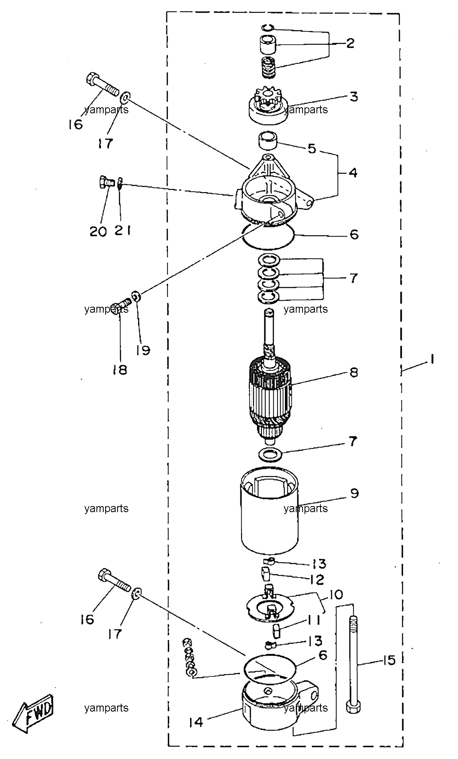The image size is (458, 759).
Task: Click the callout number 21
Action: point(123,231)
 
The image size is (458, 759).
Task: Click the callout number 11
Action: point(314,620)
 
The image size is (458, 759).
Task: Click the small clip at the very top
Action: point(267,27)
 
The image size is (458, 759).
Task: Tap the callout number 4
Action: point(353,173)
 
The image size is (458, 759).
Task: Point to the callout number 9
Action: point(354,493)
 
